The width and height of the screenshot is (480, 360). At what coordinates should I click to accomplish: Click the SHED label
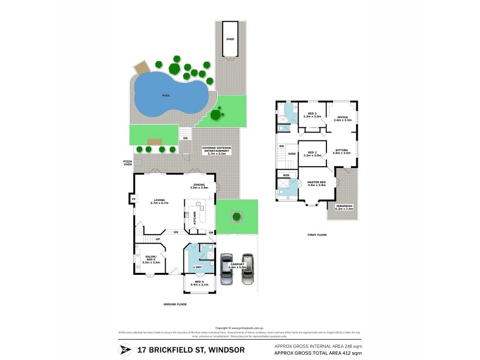point(229,39)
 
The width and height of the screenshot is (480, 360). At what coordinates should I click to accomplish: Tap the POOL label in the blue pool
point(166,95)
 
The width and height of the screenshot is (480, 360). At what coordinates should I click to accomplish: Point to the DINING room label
point(199,186)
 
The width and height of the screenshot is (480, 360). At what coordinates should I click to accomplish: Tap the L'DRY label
point(197,266)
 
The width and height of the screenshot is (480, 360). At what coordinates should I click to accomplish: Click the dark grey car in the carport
point(226,270)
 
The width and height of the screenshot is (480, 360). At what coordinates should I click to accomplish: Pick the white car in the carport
point(248,270)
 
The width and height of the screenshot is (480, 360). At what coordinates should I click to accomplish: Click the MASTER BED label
point(316,183)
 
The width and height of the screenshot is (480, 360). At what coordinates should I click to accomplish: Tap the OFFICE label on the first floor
point(343,118)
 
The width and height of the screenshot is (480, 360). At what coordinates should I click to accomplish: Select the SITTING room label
point(342,151)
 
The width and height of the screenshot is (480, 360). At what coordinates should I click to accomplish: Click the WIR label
point(286,175)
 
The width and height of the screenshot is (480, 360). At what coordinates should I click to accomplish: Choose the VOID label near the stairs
point(292,154)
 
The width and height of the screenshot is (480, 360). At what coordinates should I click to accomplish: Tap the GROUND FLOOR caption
point(175,305)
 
